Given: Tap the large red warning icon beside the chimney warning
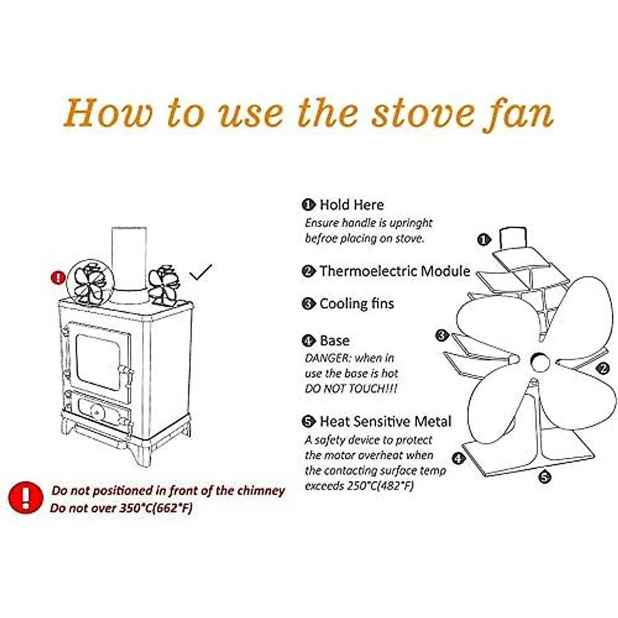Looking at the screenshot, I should pos(25,497).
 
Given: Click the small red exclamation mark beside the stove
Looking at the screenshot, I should pos(59,278).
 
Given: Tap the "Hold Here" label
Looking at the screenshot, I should pos(351,205).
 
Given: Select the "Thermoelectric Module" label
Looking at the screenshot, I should pos(394,271).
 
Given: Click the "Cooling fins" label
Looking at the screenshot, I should pos(356,304).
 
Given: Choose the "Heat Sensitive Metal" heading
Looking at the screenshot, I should pos(385,422).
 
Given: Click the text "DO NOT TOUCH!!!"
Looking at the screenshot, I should pos(351,389).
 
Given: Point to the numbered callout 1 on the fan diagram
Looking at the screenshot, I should pos(483,239).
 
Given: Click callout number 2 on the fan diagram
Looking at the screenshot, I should pos(603,368).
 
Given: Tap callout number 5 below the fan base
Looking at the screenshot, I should pos(545,477).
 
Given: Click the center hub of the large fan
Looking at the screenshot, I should pos(539,362).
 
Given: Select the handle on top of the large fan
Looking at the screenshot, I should pos(513,237).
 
